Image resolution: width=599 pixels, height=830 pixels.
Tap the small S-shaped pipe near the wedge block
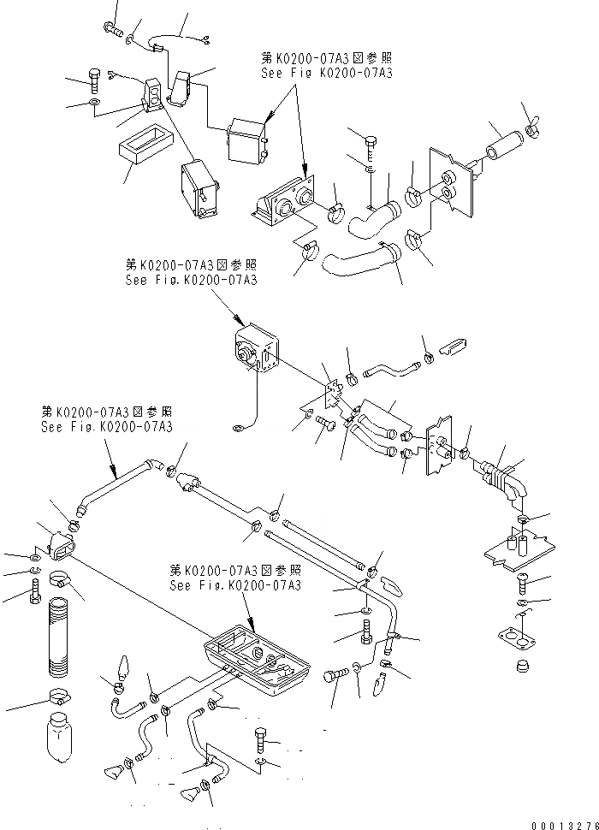click(392, 371)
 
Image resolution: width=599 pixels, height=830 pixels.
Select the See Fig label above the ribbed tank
click(234, 578)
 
